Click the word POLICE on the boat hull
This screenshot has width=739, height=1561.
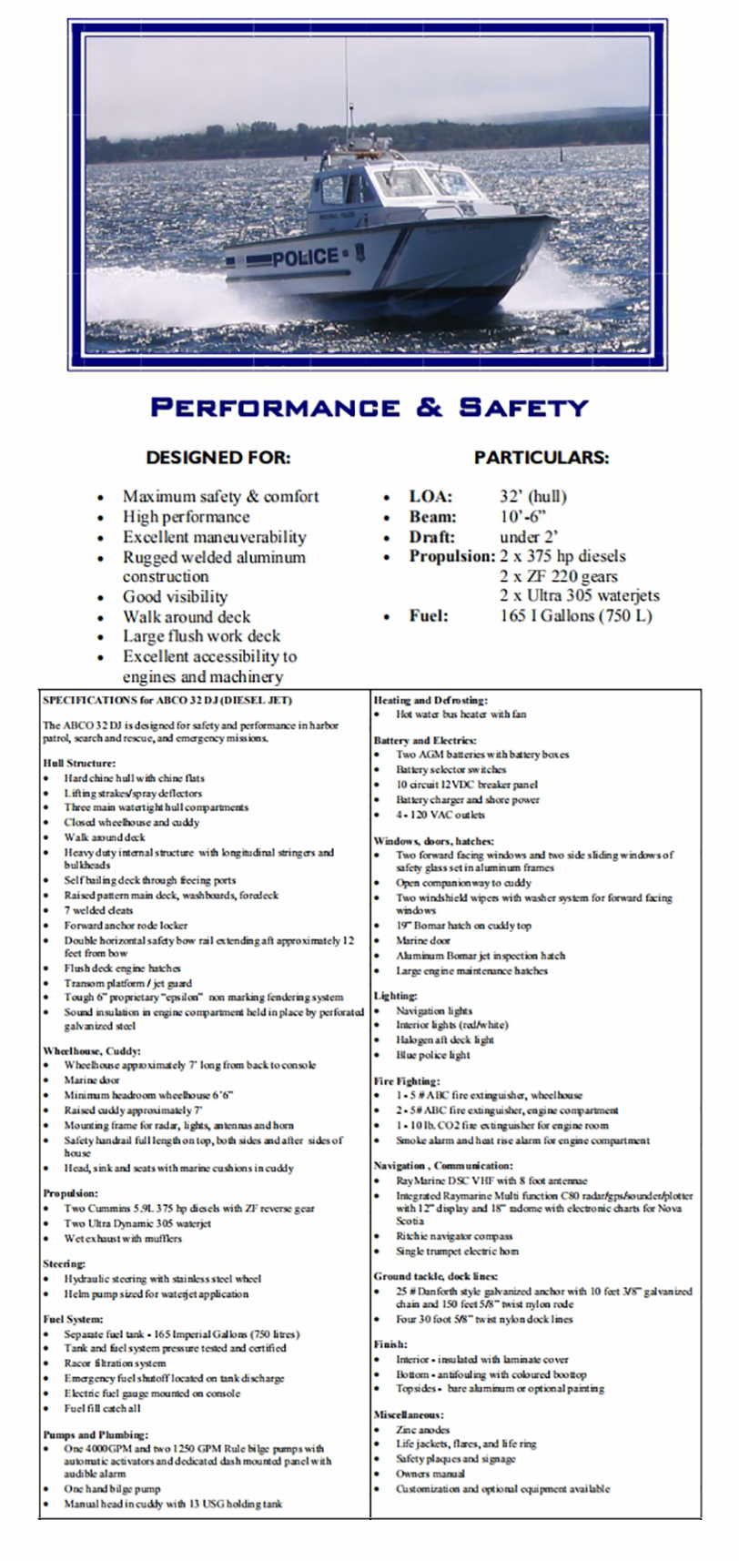pos(306,258)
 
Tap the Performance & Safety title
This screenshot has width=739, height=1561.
pos(369,406)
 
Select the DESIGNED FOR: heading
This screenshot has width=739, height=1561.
pos(218,458)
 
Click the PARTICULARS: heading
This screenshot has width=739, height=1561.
pos(542,458)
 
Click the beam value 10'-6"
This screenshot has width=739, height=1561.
pos(524,517)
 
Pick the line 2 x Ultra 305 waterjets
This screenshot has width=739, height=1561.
pos(579,596)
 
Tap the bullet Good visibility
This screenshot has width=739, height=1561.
pos(175,597)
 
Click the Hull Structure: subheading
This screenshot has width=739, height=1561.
pos(79,763)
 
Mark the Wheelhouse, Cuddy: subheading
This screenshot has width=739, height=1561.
pos(92,1050)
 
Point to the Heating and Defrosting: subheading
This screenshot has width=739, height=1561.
pos(430,700)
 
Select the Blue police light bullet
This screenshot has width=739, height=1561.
pos(432,1055)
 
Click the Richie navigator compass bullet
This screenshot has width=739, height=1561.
pos(454,1236)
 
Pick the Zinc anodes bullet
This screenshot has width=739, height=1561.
pos(422,1430)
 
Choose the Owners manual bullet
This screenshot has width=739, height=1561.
pos(430,1474)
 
